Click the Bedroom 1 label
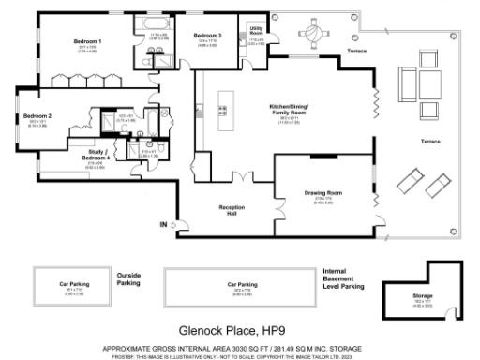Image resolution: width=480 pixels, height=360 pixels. click(x=89, y=42)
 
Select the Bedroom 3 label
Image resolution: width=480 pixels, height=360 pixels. click(x=207, y=35)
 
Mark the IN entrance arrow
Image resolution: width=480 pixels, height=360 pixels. click(x=168, y=225)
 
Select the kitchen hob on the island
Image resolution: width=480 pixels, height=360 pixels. click(x=222, y=111)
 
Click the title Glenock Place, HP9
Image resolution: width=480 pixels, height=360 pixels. click(x=240, y=331)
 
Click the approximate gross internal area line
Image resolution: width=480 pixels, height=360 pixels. click(x=240, y=348)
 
